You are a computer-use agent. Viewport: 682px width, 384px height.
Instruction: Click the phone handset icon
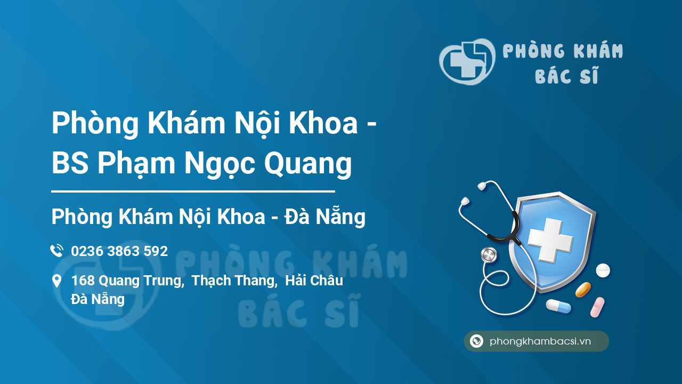click(x=56, y=251)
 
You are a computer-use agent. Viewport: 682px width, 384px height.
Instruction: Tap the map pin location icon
click(x=56, y=281)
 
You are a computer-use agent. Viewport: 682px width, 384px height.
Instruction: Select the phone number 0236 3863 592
click(x=119, y=251)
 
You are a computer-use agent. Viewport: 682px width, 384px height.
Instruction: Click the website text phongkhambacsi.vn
click(x=540, y=341)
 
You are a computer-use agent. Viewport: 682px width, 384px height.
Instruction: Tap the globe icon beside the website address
click(x=477, y=341)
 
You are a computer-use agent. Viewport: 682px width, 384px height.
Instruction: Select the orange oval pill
click(x=583, y=290)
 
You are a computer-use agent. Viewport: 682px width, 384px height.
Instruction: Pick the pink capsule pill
click(x=597, y=307)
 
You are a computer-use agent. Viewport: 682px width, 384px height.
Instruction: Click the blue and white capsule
click(x=558, y=306)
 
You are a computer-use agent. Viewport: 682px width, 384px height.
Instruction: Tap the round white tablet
click(x=603, y=270)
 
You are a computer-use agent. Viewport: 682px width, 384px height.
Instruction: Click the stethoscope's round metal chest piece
click(x=488, y=255)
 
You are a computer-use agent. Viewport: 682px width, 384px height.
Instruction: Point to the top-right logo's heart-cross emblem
click(x=467, y=61)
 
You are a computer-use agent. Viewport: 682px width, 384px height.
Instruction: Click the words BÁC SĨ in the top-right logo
click(x=566, y=77)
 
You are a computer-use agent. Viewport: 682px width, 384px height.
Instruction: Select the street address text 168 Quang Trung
click(x=126, y=281)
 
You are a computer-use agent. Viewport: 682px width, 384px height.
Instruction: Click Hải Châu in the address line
click(x=314, y=281)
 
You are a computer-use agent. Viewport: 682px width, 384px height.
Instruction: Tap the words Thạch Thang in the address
click(x=234, y=281)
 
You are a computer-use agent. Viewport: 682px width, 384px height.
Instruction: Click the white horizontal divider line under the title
click(x=193, y=191)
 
